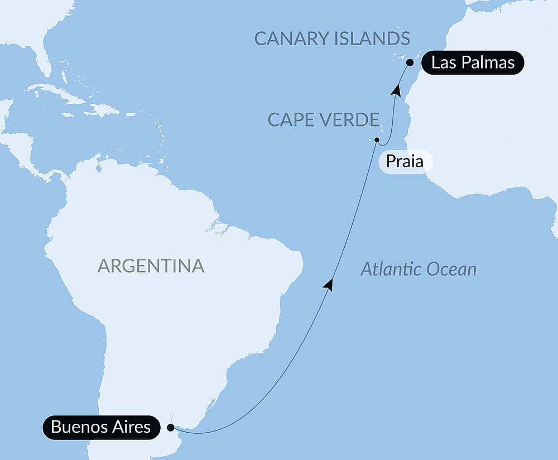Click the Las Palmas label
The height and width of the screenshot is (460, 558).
[x=473, y=62]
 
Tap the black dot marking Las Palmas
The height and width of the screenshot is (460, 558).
[x=410, y=62]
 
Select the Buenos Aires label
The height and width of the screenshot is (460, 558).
[x=100, y=428]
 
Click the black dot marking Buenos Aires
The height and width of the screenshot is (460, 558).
[x=170, y=428]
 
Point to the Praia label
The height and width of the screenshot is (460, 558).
[x=405, y=162]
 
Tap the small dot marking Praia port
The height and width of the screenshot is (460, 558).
[x=377, y=139]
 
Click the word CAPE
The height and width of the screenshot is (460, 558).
[x=291, y=119]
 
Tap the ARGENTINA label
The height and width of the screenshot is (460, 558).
[x=151, y=265]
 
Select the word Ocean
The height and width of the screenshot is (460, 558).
[x=449, y=270]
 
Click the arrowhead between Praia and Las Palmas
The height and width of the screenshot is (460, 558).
[x=396, y=89]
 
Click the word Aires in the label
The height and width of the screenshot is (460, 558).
[x=130, y=428]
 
